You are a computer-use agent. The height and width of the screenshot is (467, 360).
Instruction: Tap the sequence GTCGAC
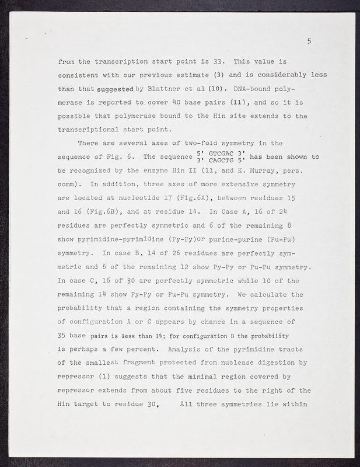click(218, 152)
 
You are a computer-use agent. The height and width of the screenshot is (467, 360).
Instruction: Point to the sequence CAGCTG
click(218, 161)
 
